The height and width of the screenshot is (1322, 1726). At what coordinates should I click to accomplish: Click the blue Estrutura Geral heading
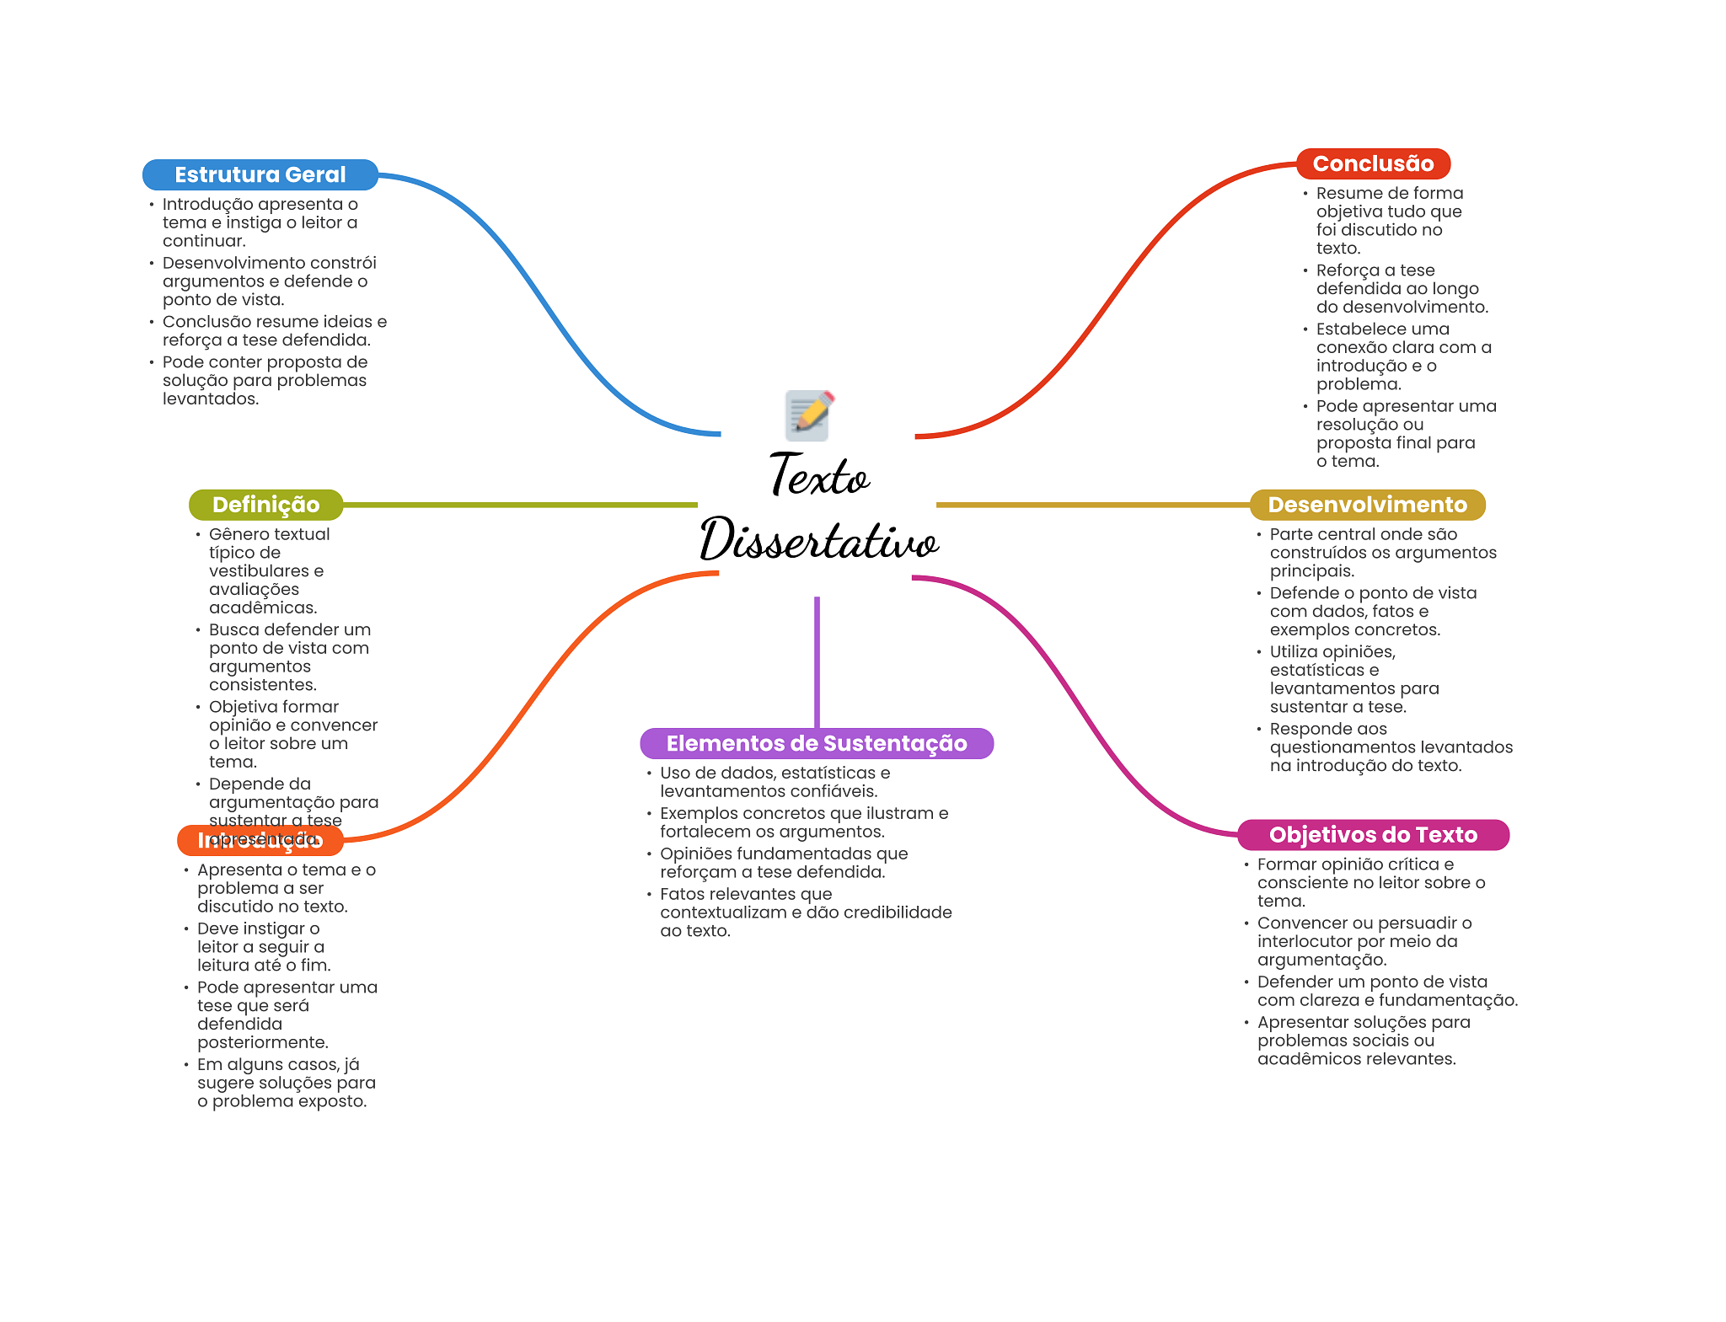(x=260, y=174)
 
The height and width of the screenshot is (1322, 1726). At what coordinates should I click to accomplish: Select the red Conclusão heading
(x=1373, y=163)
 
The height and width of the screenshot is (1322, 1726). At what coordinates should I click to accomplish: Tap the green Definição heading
(x=265, y=505)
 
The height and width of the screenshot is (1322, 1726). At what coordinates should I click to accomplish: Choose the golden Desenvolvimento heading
(x=1367, y=505)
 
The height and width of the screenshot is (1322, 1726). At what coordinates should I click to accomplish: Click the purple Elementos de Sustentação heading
(x=816, y=743)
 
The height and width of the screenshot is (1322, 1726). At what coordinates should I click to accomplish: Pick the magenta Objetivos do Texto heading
(x=1373, y=835)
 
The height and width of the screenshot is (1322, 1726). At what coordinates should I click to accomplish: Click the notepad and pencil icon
(x=808, y=415)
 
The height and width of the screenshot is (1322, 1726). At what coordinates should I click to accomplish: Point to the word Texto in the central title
(x=819, y=476)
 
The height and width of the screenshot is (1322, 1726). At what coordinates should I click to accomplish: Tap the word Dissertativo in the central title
(x=819, y=541)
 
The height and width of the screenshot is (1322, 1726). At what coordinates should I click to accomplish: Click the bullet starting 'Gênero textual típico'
(x=268, y=570)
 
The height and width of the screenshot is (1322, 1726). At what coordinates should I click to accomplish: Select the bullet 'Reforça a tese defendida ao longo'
(x=1401, y=288)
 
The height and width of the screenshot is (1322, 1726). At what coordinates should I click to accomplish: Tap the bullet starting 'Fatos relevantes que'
(x=805, y=912)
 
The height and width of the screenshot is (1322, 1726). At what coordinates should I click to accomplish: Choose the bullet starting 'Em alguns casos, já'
(x=286, y=1083)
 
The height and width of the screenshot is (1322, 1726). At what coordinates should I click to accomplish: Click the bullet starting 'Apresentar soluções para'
(x=1363, y=1041)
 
